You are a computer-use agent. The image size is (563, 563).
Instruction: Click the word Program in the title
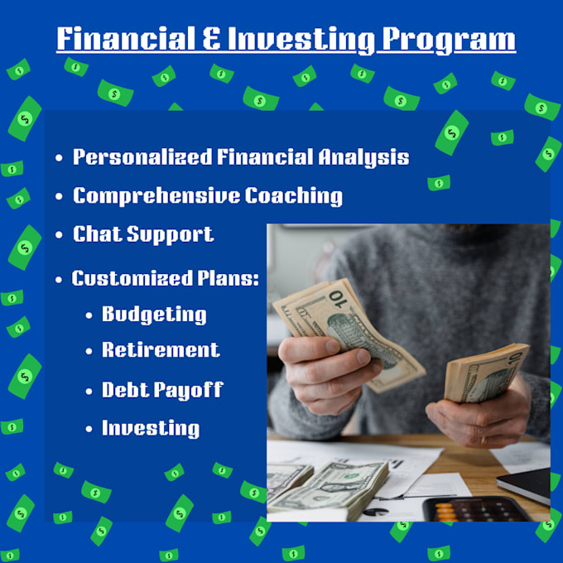click(449, 40)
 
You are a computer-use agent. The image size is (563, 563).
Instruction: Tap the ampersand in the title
click(212, 38)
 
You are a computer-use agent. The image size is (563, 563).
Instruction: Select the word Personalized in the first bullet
click(142, 157)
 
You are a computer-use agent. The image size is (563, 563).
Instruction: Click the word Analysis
click(363, 157)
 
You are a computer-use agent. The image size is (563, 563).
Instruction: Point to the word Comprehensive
click(156, 195)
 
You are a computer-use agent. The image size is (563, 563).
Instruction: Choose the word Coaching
click(294, 196)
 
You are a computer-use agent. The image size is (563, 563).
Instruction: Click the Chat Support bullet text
click(143, 234)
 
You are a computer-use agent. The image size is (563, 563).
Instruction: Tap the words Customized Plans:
click(165, 278)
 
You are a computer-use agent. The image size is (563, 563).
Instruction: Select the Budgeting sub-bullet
click(154, 315)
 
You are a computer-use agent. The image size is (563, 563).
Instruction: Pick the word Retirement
click(161, 349)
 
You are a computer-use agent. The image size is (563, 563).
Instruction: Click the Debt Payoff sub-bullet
click(162, 390)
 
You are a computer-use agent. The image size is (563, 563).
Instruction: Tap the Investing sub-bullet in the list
click(151, 428)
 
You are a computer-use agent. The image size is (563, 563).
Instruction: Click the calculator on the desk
click(478, 509)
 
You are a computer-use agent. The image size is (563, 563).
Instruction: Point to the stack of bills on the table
click(328, 488)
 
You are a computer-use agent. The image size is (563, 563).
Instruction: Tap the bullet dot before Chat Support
click(60, 235)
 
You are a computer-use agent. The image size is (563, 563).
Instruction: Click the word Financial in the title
click(126, 38)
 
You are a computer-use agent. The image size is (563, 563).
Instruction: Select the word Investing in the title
click(301, 40)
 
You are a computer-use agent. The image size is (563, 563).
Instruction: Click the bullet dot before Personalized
click(60, 158)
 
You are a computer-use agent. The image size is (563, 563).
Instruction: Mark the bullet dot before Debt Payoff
click(89, 391)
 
